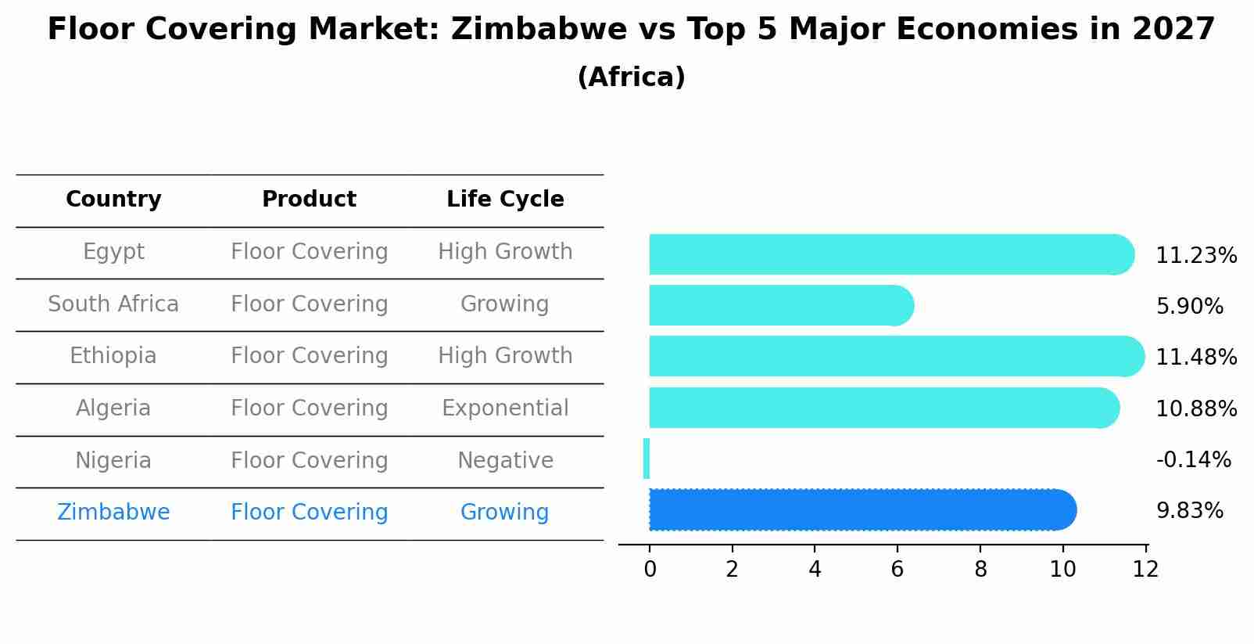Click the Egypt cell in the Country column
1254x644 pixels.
pyautogui.click(x=113, y=252)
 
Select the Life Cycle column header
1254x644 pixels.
pyautogui.click(x=505, y=200)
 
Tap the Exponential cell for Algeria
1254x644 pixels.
pyautogui.click(x=505, y=408)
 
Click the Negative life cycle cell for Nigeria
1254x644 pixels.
pyautogui.click(x=505, y=461)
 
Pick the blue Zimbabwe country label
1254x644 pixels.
pyautogui.click(x=113, y=513)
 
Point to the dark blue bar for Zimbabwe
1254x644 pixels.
pyautogui.click(x=860, y=510)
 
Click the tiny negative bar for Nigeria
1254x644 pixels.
pyautogui.click(x=647, y=459)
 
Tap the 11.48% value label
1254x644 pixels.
pyautogui.click(x=1195, y=358)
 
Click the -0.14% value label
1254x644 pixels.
pyautogui.click(x=1193, y=460)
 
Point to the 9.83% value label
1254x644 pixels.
pyautogui.click(x=1189, y=511)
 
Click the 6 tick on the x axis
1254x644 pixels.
pyautogui.click(x=897, y=570)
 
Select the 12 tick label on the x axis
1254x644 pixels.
pyautogui.click(x=1145, y=570)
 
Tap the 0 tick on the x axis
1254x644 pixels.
pyautogui.click(x=650, y=570)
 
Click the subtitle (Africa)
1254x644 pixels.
pyautogui.click(x=631, y=77)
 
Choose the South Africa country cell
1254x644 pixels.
pyautogui.click(x=113, y=304)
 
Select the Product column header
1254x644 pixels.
pyautogui.click(x=309, y=200)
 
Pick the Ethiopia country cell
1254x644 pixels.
pyautogui.click(x=113, y=356)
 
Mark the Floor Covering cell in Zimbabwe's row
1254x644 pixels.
pyautogui.click(x=309, y=513)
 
